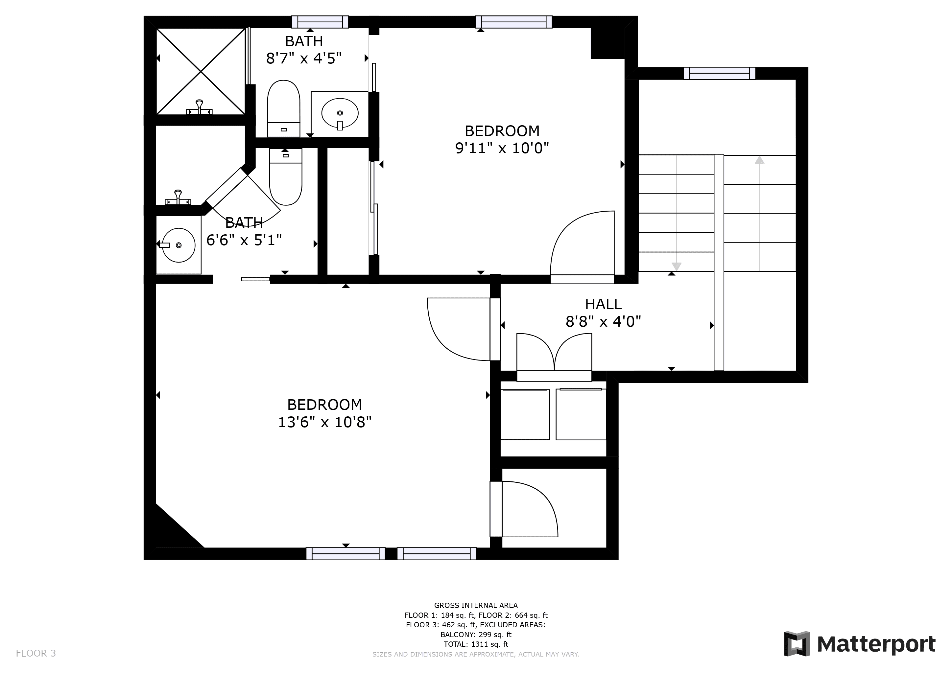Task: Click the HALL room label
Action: [603, 304]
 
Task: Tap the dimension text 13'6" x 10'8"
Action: [325, 422]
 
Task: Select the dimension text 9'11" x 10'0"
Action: [502, 148]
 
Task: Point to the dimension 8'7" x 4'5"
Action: [304, 58]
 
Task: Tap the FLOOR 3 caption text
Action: [36, 654]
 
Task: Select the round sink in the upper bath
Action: [340, 113]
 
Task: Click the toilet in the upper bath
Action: [284, 108]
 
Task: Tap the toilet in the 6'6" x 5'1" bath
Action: [286, 177]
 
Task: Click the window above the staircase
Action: [719, 73]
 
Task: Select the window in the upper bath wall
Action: [320, 22]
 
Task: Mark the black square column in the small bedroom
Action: [607, 43]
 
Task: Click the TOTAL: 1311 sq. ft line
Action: [476, 644]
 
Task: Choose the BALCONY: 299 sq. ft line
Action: [476, 635]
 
